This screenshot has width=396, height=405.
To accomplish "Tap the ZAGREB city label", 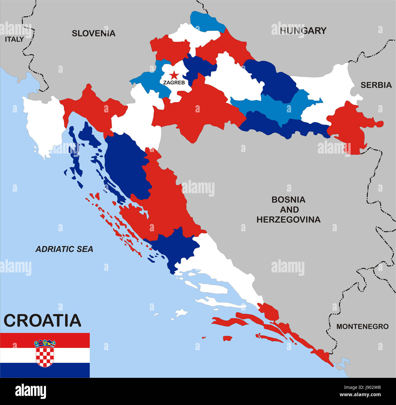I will coord(174,82).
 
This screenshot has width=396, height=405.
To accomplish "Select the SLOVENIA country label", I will coord(94,33).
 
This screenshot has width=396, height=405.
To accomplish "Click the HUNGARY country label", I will coord(303,30).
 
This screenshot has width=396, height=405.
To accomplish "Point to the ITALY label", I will coord(14,39).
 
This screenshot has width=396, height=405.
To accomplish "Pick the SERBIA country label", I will coord(376,85).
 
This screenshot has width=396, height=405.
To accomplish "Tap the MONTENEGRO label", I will coord(362,326).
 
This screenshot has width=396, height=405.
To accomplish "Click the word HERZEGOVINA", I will coord(288,219).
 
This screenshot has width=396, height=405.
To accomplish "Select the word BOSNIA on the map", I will coord(288,200).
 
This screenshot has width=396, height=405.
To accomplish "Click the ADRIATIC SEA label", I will coord(64,249).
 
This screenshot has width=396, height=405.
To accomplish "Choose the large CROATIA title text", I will coord(42,320).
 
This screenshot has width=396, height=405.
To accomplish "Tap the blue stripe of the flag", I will coord(45,370).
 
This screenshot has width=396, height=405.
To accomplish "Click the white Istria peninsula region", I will coord(43,122).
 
